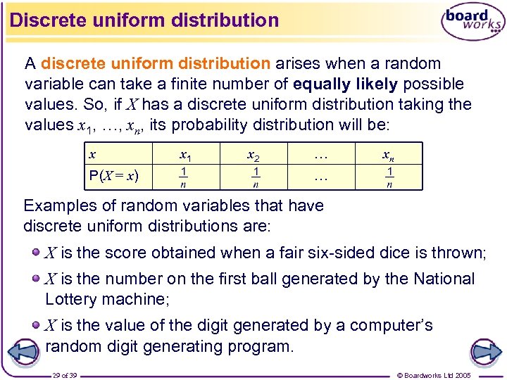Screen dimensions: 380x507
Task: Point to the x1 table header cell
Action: [x=186, y=154]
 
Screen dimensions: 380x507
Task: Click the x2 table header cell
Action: [x=254, y=154]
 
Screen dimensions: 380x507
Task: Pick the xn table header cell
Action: [x=389, y=154]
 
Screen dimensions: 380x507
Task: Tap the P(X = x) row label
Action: [x=113, y=175]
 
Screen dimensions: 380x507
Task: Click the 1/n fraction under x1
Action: [x=184, y=177]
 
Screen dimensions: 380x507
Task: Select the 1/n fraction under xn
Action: [x=389, y=177]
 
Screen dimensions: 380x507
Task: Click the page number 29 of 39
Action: [x=64, y=375]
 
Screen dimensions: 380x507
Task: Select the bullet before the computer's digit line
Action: [x=35, y=325]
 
